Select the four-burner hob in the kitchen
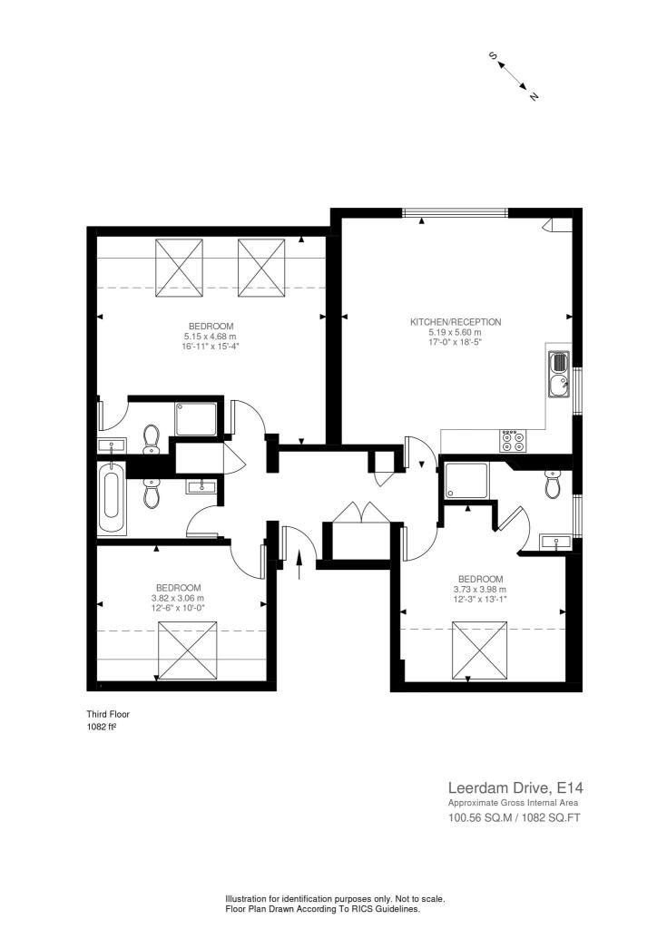pos(512,441)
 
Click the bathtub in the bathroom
pos(112,502)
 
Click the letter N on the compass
pos(534,96)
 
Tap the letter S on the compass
pos(494,56)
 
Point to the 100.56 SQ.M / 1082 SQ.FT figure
pos(513,818)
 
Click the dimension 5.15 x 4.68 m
pos(211,336)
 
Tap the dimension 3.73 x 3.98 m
pos(480,589)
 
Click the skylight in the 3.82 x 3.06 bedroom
pos(189,650)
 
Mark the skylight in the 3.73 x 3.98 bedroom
pos(480,650)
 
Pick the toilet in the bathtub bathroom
pos(151,494)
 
